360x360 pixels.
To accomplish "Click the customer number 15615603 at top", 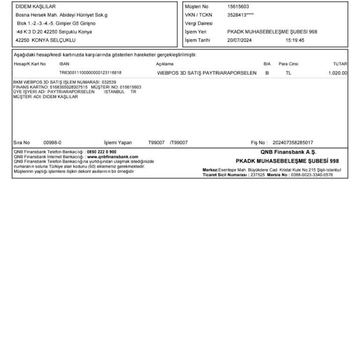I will pos(238,7).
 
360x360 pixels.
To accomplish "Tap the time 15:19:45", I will pos(295,40).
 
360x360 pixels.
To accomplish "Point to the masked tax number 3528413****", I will pos(240,15).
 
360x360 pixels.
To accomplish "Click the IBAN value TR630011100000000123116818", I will pos(90,73).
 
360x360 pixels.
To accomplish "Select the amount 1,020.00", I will pos(338,73).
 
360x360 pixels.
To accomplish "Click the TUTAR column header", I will pos(340,64).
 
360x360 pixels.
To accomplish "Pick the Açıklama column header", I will pos(165,64).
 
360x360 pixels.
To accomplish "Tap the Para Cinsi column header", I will pos(288,64).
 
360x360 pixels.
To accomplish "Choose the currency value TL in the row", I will pos(288,73).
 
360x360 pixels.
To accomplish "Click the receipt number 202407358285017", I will pos(293,142).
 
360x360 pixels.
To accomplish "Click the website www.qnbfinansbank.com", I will pos(113,157).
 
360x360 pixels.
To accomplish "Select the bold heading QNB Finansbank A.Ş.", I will pos(288,152).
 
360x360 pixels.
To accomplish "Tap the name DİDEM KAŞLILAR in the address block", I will pos(36,7).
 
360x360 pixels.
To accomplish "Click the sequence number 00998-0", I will pos(52,142).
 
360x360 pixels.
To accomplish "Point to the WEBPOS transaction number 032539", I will pos(109,82).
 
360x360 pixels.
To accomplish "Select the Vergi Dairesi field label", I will pos(199,23).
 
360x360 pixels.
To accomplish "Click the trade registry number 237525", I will pos(258,175).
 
